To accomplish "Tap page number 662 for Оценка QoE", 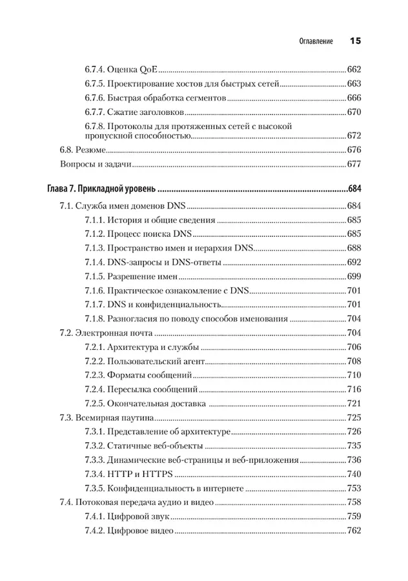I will [354, 70].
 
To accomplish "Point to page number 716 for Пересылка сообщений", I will [354, 390].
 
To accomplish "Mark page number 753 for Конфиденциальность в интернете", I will [354, 488].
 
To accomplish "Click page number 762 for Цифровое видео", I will [354, 531].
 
